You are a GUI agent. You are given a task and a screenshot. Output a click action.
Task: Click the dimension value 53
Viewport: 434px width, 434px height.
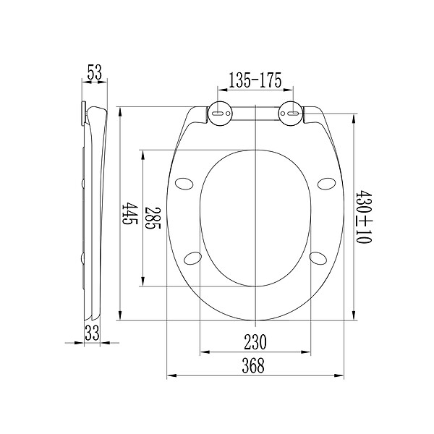point(95,72)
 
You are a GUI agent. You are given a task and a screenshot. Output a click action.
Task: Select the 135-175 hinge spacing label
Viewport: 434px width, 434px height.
point(255,80)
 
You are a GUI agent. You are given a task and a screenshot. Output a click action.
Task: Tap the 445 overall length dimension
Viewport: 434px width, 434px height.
point(129,213)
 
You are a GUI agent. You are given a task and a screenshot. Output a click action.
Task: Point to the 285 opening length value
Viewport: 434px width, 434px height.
point(152,218)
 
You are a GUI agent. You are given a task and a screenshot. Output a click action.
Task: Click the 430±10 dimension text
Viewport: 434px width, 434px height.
point(363,217)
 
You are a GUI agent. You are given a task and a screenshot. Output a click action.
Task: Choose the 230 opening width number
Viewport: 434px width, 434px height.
point(255,342)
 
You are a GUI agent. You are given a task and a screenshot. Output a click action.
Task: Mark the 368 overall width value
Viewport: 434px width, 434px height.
point(253,365)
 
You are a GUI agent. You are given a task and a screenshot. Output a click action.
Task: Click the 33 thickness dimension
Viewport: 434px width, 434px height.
point(92,333)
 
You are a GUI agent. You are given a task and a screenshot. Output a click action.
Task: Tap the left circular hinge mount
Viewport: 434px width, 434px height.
point(221,114)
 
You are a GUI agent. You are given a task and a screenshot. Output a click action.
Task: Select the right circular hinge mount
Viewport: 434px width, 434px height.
point(290,114)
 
